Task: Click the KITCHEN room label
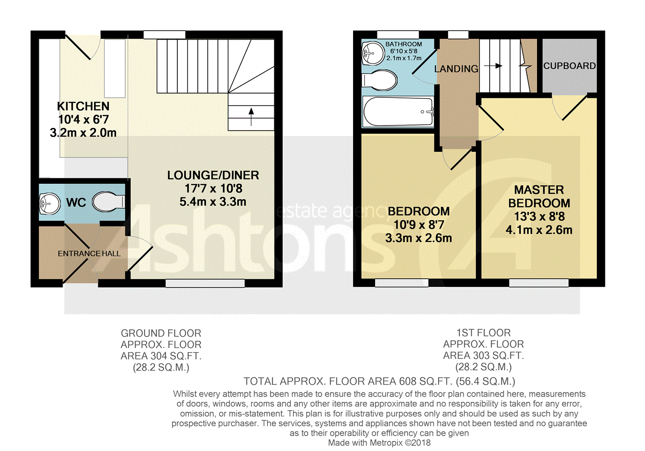point(83,106)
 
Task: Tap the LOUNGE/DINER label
point(213,176)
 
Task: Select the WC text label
point(76,202)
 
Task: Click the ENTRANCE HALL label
point(89,254)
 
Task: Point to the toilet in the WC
point(108,201)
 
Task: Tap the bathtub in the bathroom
point(398,112)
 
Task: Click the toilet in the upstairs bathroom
point(379,80)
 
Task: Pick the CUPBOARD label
point(570,66)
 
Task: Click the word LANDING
point(456,69)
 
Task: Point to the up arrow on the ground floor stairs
point(251,117)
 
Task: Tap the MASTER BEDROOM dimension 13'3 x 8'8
point(539,217)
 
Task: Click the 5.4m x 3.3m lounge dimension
point(213,202)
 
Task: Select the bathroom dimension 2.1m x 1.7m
point(404,58)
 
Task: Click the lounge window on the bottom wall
point(205,283)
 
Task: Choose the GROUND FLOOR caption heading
point(161,334)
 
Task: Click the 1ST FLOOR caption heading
point(484,333)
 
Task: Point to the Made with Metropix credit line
point(379,443)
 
